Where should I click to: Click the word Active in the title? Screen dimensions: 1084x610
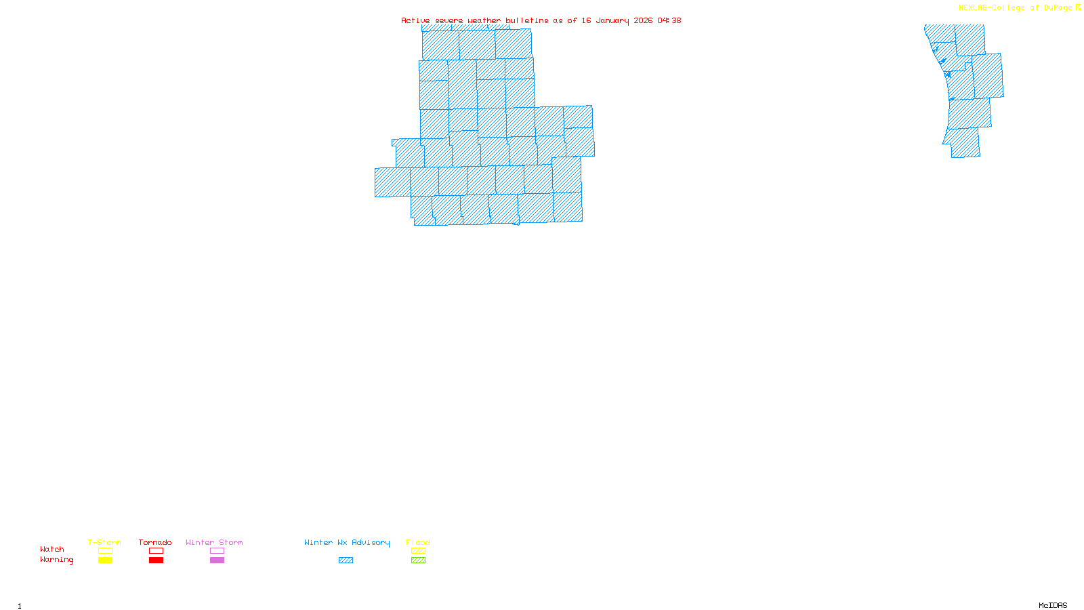(x=415, y=20)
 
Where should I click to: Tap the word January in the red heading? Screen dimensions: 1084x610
(x=612, y=20)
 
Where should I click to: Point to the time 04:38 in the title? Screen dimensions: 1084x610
(x=669, y=20)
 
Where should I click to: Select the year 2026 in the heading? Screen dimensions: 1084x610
(x=644, y=20)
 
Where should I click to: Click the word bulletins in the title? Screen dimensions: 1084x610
(x=527, y=20)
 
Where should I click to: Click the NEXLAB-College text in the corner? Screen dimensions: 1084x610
(x=991, y=7)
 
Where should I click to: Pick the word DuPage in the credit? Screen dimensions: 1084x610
(x=1058, y=7)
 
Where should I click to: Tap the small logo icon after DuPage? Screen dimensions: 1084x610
(x=1078, y=7)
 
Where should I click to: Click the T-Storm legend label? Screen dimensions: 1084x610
(x=104, y=542)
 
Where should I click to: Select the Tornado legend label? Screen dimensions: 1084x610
(x=155, y=542)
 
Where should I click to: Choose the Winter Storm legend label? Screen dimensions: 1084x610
(x=214, y=542)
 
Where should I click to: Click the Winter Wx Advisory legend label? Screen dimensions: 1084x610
(x=347, y=542)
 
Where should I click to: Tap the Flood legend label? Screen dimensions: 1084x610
(x=418, y=542)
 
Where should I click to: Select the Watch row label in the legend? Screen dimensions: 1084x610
(x=52, y=549)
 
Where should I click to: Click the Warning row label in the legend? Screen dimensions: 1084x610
(x=57, y=560)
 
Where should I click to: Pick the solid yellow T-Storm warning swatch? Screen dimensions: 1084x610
(x=105, y=561)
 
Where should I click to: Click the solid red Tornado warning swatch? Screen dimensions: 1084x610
(x=156, y=561)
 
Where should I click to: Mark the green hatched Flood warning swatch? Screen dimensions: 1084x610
(x=418, y=561)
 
